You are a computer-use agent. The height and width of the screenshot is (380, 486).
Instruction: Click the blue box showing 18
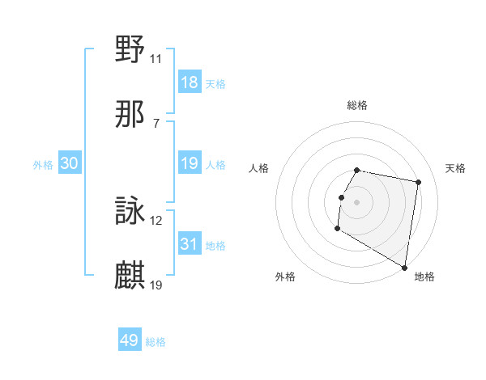[x=189, y=82]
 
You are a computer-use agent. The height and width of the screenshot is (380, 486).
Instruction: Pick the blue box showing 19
[x=189, y=163]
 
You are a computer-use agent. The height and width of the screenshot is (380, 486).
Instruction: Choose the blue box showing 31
[x=189, y=244]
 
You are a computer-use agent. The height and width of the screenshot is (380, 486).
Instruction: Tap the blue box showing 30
[x=70, y=163]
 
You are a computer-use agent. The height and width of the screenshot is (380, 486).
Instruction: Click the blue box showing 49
[x=130, y=340]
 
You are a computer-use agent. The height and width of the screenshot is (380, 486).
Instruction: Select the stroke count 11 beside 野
[x=156, y=58]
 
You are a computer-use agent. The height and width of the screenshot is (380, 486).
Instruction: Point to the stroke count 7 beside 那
[x=156, y=123]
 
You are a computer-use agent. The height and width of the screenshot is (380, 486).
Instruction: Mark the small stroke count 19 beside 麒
[x=156, y=285]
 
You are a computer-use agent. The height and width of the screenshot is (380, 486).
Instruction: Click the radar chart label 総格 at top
[x=356, y=105]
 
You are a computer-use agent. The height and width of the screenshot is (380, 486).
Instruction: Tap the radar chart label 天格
[x=455, y=168]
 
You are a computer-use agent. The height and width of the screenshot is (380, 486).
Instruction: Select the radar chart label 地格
[x=424, y=277]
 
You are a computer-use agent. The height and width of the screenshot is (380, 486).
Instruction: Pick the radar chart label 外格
[x=285, y=277]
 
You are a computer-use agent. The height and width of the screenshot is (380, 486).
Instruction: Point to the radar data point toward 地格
[x=404, y=268]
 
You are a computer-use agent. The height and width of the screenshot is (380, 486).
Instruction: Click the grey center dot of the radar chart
[x=356, y=201]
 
